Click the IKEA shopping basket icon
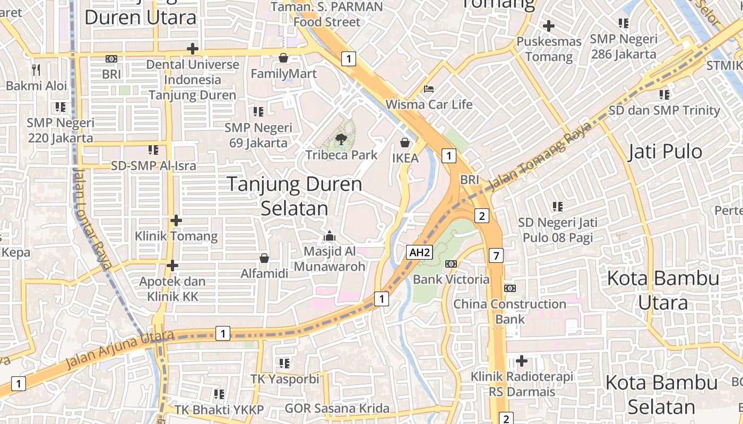click(405, 143)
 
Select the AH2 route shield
click(419, 252)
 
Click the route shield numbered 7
click(496, 256)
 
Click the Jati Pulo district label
click(665, 152)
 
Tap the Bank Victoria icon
click(451, 263)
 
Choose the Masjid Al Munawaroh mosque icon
click(330, 235)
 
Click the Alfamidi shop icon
click(264, 258)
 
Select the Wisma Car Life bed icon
click(429, 89)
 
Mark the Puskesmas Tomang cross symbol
click(549, 25)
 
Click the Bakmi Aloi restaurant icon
click(36, 69)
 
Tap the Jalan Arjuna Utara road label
click(120, 350)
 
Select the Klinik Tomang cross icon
click(176, 220)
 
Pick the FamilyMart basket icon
click(283, 57)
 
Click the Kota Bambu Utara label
click(663, 290)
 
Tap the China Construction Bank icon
click(509, 288)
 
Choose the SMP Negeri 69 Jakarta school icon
click(258, 111)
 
